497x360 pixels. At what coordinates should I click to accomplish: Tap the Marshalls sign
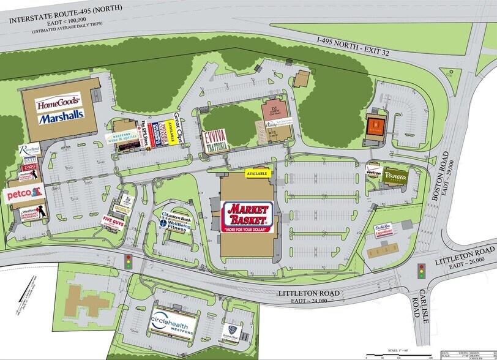[61, 117]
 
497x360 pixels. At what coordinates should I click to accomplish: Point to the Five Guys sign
[113, 221]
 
